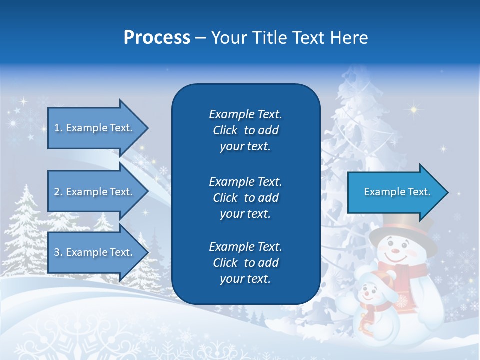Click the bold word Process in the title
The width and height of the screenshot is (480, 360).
tap(157, 38)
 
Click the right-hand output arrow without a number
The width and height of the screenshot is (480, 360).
tap(395, 192)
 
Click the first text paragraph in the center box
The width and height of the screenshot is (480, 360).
tap(245, 130)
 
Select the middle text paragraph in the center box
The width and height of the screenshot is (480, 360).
tap(245, 198)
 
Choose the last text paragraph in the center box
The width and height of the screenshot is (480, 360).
tap(245, 263)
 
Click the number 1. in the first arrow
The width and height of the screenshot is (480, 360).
tap(58, 128)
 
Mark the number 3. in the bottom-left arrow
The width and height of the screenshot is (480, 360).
tap(58, 252)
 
